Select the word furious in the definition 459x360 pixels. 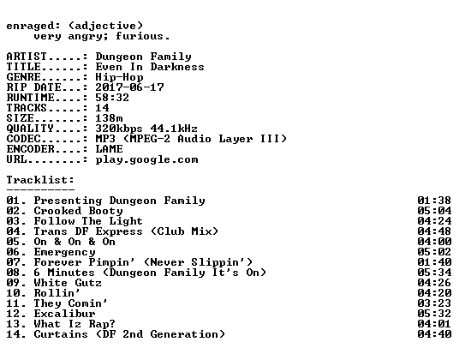pos(140,36)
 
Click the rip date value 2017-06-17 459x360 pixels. pos(129,87)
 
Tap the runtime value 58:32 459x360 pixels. pos(112,98)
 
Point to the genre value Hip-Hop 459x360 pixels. pos(119,77)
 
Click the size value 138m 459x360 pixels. pos(109,118)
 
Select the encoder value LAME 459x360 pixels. pos(109,149)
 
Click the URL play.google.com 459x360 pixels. pos(146,159)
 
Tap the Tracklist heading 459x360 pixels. pos(40,179)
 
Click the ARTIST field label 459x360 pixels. pos(27,57)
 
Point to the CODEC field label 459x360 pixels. pos(23,139)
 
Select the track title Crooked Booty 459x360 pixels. pos(78,211)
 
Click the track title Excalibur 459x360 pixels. pos(64,314)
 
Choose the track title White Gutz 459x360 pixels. pos(68,283)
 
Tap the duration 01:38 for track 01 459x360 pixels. pos(434,201)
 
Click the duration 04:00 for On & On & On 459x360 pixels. pos(434,242)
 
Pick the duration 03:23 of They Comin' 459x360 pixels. pos(434,303)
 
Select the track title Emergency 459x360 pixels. pos(64,252)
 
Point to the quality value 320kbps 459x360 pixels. pos(119,129)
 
